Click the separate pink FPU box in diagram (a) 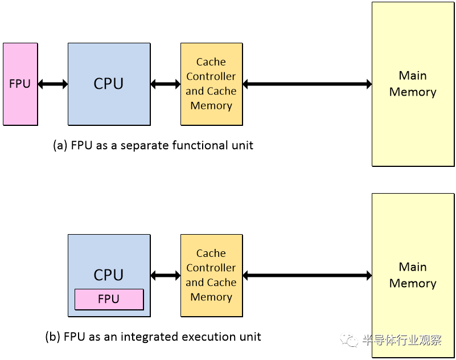click(20, 84)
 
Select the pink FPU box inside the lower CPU click(109, 299)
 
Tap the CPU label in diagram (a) click(108, 84)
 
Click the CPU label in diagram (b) click(108, 275)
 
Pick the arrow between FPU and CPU click(52, 84)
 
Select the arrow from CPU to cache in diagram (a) click(165, 84)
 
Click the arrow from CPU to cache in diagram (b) click(165, 276)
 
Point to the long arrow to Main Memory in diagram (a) click(307, 84)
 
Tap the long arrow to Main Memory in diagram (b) click(307, 276)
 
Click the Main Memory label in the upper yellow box click(413, 84)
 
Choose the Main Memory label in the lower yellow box click(413, 275)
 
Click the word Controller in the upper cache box click(211, 76)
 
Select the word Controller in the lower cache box click(211, 268)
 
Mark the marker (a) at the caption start click(60, 145)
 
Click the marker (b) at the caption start click(52, 337)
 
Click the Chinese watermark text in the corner click(402, 341)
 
